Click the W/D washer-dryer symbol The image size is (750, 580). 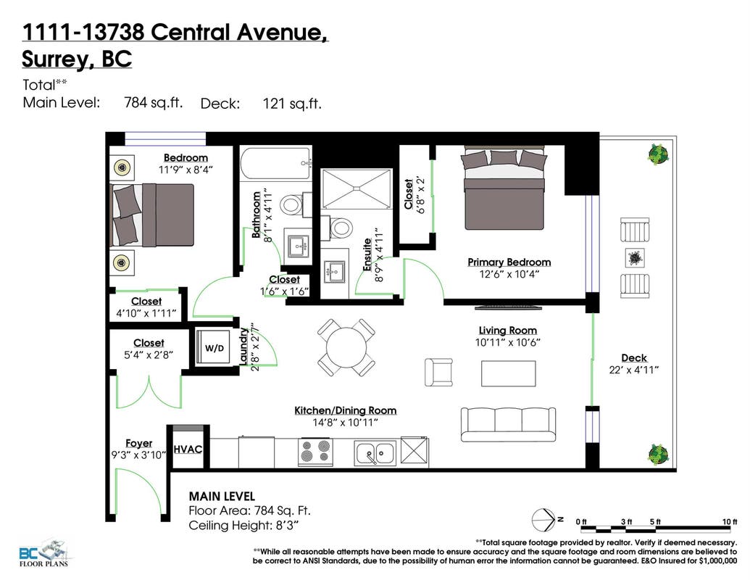(x=214, y=348)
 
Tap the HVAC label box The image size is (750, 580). (x=188, y=449)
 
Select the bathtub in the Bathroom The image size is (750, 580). (x=276, y=164)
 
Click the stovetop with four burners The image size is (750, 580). (x=316, y=452)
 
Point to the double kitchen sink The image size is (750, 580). (x=375, y=452)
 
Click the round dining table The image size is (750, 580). (x=346, y=348)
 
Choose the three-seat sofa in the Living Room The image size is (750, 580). (x=509, y=424)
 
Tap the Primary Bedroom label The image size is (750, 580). (x=509, y=262)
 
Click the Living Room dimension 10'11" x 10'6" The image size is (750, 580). (x=507, y=342)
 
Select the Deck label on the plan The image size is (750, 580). (x=634, y=357)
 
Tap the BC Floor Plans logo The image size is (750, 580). (x=43, y=554)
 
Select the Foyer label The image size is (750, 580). (x=138, y=443)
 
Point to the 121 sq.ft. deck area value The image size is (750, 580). (x=292, y=104)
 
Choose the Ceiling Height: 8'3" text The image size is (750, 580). (x=243, y=526)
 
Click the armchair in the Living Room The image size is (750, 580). (x=438, y=372)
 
